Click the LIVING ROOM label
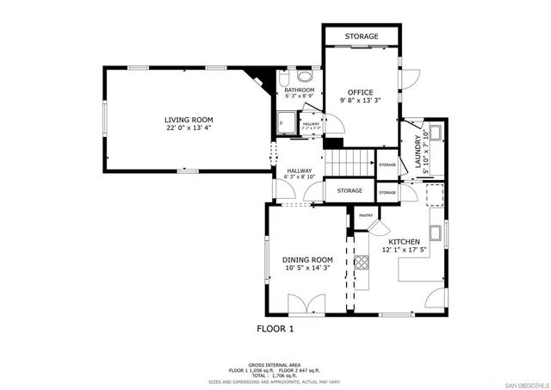pyautogui.click(x=189, y=120)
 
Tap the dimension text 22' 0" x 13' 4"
pyautogui.click(x=189, y=129)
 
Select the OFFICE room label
pyautogui.click(x=360, y=91)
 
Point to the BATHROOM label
pyautogui.click(x=300, y=90)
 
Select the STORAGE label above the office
pyautogui.click(x=362, y=37)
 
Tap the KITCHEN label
pyautogui.click(x=404, y=242)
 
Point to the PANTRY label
pyautogui.click(x=364, y=215)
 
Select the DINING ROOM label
pyautogui.click(x=307, y=259)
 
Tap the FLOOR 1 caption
pyautogui.click(x=275, y=329)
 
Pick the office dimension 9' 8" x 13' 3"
pyautogui.click(x=360, y=101)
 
